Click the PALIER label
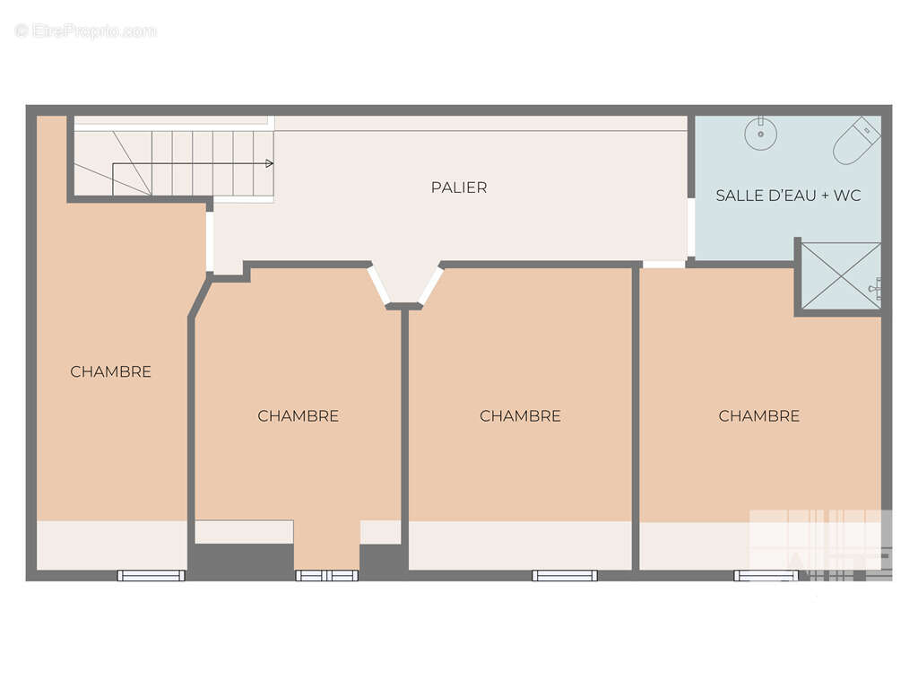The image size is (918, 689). tap(459, 188)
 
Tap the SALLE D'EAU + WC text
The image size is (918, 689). tap(788, 195)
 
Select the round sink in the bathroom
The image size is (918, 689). tap(760, 133)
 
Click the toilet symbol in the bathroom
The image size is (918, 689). tap(856, 141)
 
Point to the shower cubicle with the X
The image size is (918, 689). tap(841, 275)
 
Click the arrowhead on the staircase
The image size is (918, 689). tap(269, 163)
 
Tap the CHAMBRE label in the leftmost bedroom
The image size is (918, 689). tap(110, 371)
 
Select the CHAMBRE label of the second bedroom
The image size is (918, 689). tap(298, 416)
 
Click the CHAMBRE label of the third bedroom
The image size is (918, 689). tap(520, 416)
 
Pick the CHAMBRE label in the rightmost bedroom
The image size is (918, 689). tap(758, 416)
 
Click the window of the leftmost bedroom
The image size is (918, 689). tap(151, 575)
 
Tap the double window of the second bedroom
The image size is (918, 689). tap(326, 575)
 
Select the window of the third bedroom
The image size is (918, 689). tap(565, 575)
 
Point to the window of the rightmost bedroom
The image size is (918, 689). tap(766, 575)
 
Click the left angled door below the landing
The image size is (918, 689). tap(378, 285)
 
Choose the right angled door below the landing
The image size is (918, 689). tap(430, 285)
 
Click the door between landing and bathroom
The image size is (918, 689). tap(691, 227)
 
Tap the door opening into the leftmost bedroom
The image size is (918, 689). tap(210, 241)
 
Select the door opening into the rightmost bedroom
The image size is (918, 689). tap(663, 265)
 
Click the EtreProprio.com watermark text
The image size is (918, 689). tap(86, 31)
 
